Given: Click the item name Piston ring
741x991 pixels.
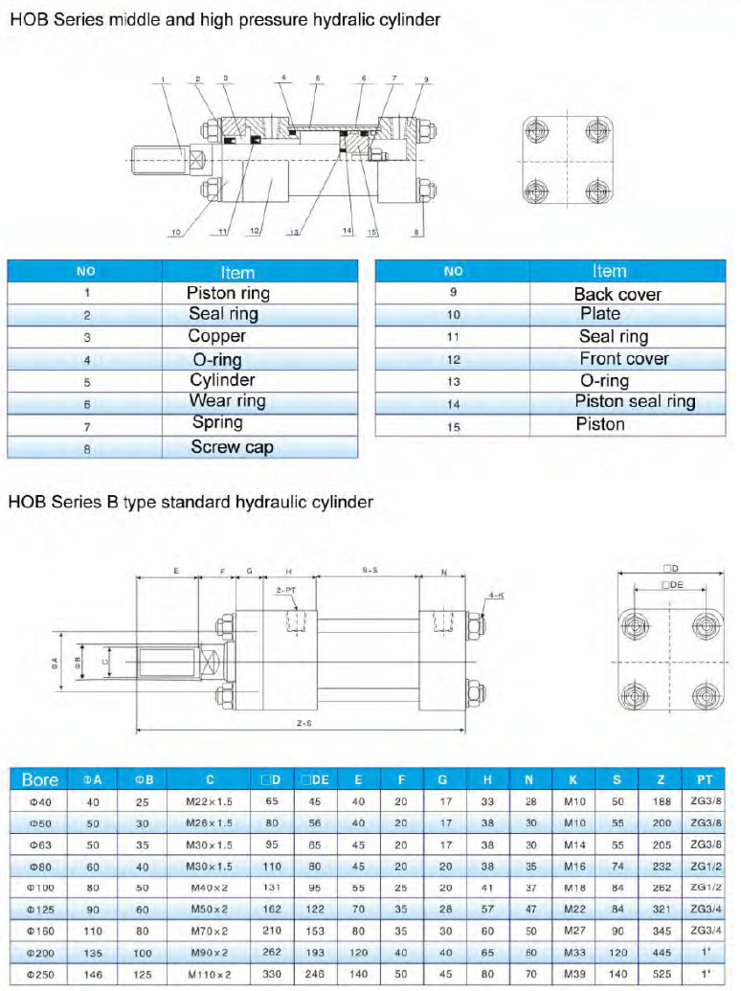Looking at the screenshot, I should coord(228,293).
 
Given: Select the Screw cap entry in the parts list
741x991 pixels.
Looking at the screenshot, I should coord(232,446).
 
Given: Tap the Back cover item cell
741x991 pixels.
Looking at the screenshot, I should coord(617,294).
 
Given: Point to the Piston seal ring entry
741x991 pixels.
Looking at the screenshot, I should coord(635,402).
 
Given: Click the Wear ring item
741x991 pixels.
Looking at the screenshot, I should coord(227,401).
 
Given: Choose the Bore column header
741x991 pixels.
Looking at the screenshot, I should coord(39,779).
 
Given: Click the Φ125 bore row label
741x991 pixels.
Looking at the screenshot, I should coord(39,908).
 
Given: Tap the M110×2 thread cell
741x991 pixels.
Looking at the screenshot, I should coord(210,975).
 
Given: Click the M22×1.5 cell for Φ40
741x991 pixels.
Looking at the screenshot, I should coord(210,801).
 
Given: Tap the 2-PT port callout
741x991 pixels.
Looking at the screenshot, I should coord(285,591).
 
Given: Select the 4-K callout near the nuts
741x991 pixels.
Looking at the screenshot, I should coord(496,596).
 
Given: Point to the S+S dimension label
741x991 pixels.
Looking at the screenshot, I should coord(370,571).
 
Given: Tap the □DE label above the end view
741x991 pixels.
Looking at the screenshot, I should coord(674,584).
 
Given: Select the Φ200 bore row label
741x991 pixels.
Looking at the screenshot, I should coord(39,953).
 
